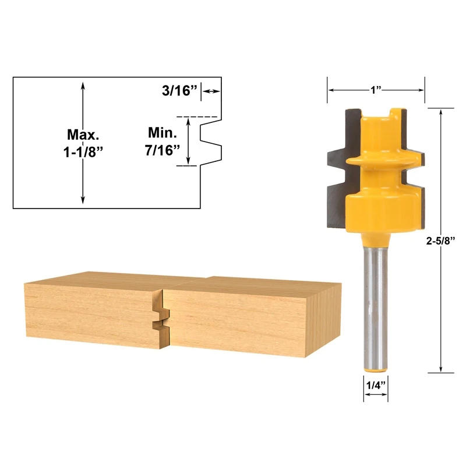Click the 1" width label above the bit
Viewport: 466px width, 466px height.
tap(375, 90)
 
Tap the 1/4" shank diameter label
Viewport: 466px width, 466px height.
tap(376, 385)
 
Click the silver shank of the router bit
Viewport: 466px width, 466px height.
tap(376, 309)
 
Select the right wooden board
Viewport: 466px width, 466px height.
tap(250, 315)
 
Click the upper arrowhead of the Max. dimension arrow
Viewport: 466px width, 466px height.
tap(83, 86)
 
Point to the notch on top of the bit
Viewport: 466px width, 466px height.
tap(382, 112)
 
